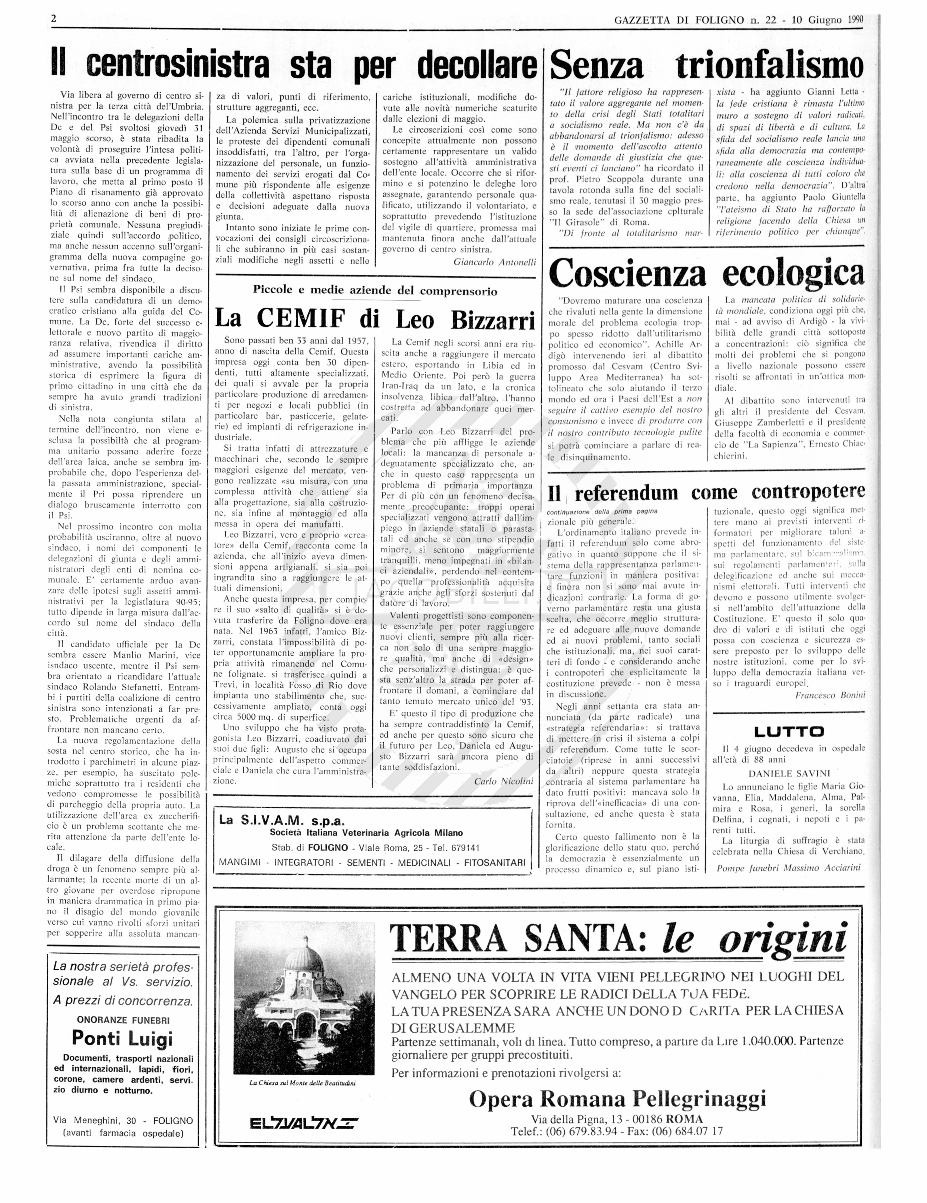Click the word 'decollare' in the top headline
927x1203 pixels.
click(476, 66)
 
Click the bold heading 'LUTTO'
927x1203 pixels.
click(789, 732)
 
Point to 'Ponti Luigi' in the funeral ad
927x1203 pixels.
click(122, 1038)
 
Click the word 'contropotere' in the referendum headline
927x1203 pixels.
click(808, 492)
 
